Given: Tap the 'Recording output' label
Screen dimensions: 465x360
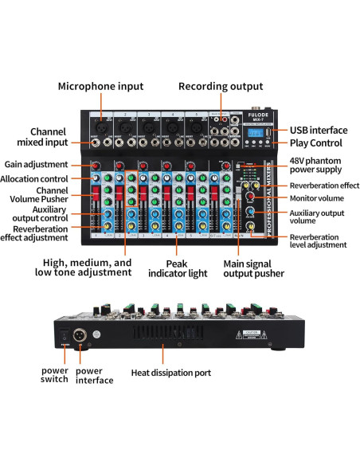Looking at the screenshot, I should tap(221, 86).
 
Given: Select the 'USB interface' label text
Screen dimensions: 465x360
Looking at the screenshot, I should tap(318, 130).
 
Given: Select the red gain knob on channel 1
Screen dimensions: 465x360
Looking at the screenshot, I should tap(96, 166).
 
